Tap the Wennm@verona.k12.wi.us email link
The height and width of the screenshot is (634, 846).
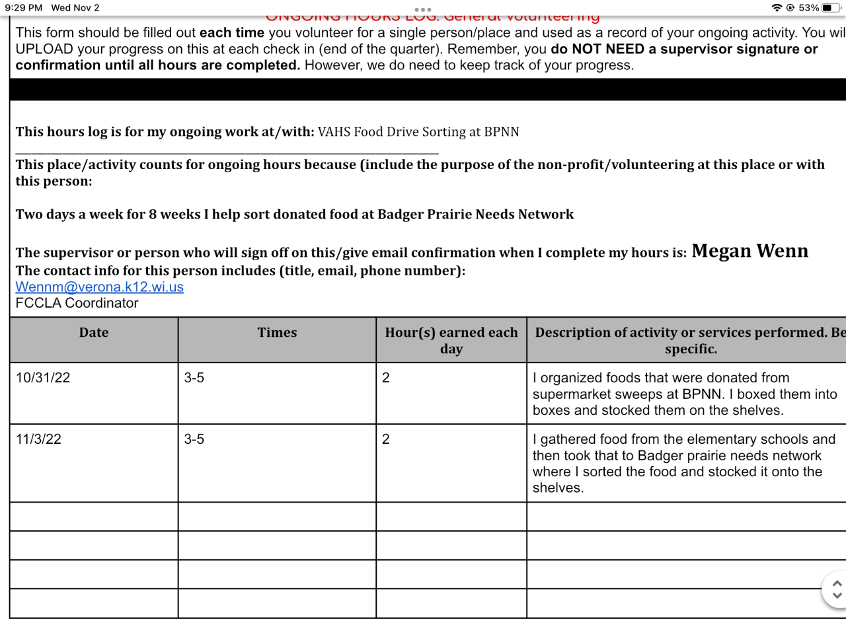click(100, 287)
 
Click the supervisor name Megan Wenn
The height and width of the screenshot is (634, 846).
click(750, 252)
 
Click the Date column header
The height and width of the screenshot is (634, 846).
click(94, 333)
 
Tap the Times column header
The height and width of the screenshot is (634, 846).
click(277, 333)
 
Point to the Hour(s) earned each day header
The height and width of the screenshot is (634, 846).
click(451, 340)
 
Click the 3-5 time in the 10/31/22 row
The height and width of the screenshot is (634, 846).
click(194, 378)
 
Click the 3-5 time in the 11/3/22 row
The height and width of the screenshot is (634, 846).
click(194, 439)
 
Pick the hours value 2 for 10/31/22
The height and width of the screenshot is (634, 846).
click(386, 378)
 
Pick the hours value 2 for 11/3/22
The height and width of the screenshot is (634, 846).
click(386, 439)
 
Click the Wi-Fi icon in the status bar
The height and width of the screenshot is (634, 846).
click(777, 8)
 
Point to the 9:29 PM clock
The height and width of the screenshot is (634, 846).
click(24, 8)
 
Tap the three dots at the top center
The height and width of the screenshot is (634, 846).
click(423, 10)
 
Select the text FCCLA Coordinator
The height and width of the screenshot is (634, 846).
click(77, 303)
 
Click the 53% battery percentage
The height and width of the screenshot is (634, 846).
click(808, 8)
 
